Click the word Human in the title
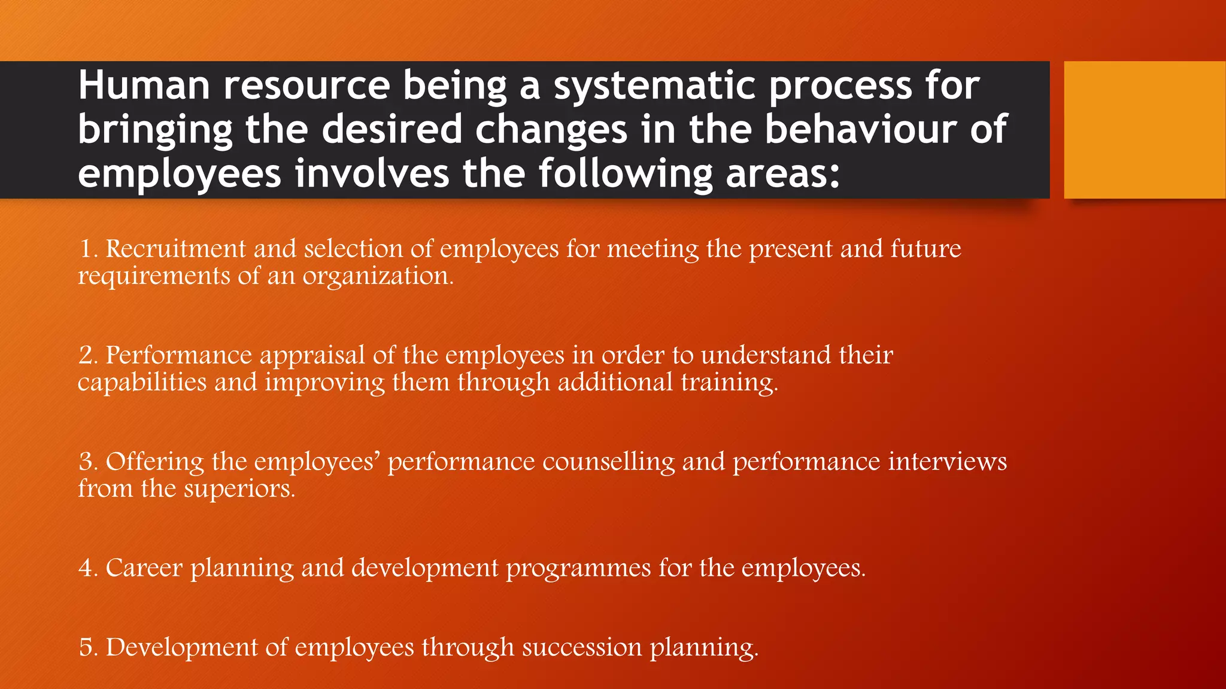pyautogui.click(x=144, y=86)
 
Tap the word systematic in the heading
pyautogui.click(x=654, y=86)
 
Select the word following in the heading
pyautogui.click(x=625, y=173)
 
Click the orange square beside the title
pyautogui.click(x=1145, y=130)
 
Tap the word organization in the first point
pyautogui.click(x=377, y=276)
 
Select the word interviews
pyautogui.click(x=947, y=462)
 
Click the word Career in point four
pyautogui.click(x=144, y=568)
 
